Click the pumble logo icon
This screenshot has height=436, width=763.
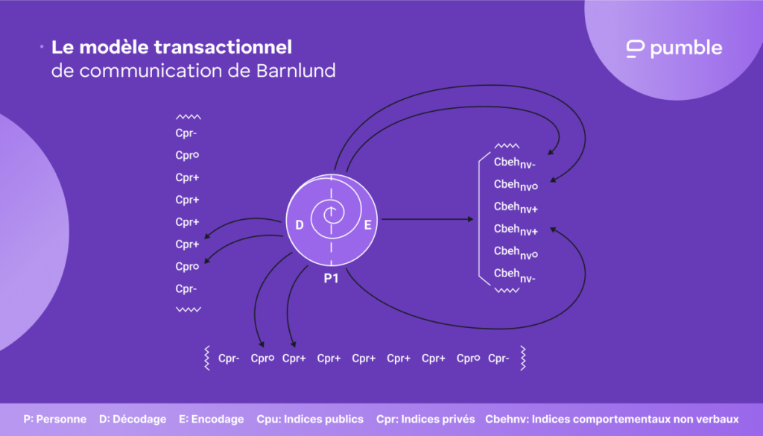(635, 49)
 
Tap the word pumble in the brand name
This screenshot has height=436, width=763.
(686, 49)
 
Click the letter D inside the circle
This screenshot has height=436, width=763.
(299, 224)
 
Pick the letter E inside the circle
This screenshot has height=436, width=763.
(367, 224)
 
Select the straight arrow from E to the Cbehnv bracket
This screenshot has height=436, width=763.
(428, 219)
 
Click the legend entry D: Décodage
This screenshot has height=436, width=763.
(133, 419)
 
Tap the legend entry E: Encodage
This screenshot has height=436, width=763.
(212, 419)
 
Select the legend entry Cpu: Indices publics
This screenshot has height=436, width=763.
(310, 419)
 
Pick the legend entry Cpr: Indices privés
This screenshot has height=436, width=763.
(425, 419)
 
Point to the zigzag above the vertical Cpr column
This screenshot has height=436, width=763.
(189, 117)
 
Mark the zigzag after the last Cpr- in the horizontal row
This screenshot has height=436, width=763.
(523, 358)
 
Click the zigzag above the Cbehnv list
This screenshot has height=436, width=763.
(507, 146)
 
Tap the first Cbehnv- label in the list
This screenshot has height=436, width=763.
(514, 162)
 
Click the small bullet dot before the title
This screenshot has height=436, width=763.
(41, 47)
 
